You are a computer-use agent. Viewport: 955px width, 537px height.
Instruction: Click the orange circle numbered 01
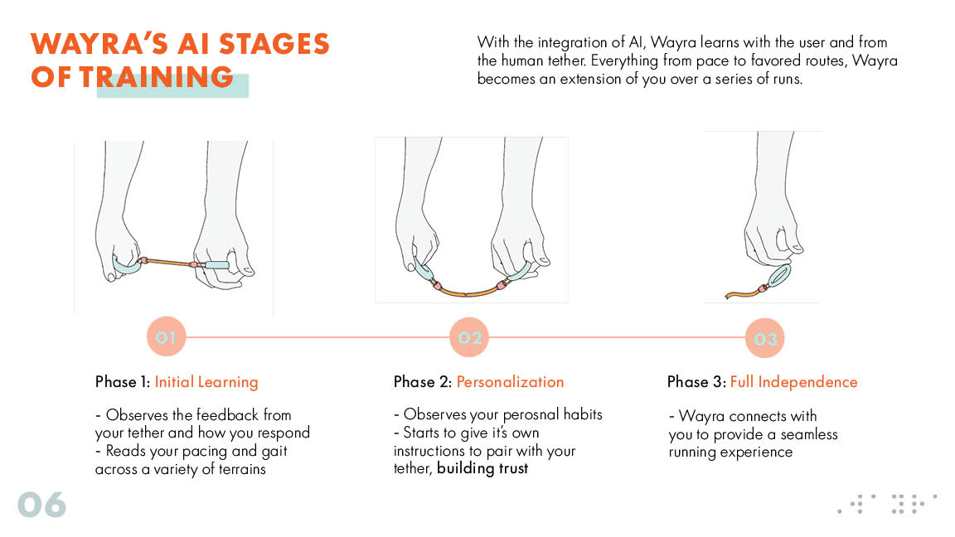tap(166, 336)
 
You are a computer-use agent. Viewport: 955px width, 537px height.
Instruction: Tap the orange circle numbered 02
tap(469, 337)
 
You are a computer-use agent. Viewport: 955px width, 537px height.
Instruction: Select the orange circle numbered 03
tap(764, 338)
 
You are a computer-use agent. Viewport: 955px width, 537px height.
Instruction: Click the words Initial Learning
tap(206, 382)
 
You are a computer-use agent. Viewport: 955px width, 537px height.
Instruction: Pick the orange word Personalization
tap(510, 382)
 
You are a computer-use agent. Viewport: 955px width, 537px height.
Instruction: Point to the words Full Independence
tap(793, 382)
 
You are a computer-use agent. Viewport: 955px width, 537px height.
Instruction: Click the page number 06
tap(41, 505)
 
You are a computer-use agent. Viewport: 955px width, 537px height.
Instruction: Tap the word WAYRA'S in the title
tap(99, 45)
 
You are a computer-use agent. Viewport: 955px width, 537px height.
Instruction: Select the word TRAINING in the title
tap(157, 77)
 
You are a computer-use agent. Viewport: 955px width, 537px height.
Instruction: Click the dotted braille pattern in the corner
tap(887, 504)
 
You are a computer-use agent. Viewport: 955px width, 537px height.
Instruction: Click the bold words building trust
tap(482, 468)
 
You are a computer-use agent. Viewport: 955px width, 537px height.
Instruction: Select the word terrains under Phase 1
tap(242, 469)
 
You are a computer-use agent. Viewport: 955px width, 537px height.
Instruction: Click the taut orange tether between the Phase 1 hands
tap(169, 263)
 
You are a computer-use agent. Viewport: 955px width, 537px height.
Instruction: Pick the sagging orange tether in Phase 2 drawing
tap(468, 290)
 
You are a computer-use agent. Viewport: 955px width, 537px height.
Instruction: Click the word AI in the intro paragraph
tap(636, 42)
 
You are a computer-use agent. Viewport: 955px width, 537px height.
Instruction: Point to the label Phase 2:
tap(423, 382)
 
